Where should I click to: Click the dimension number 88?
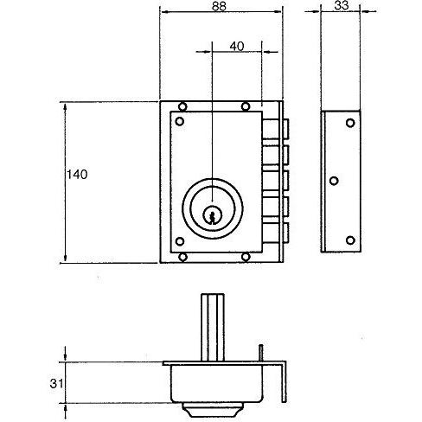(219, 6)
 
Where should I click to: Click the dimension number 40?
(237, 46)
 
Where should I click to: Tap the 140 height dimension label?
(77, 175)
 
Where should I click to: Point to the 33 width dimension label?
(342, 5)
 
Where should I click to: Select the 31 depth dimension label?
(56, 384)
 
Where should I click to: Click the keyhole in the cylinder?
(213, 215)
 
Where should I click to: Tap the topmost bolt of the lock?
(276, 129)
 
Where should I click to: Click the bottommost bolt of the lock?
(276, 233)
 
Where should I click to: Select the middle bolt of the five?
(276, 181)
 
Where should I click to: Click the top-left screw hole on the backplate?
(182, 106)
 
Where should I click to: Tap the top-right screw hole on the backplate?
(246, 106)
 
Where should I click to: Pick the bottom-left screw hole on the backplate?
(182, 257)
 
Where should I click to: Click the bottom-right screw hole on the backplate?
(246, 257)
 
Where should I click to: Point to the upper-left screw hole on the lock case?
(180, 121)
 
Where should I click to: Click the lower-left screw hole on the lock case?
(180, 241)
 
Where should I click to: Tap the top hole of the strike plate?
(350, 123)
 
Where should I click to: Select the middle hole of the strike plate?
(334, 181)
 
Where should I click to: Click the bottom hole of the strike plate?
(350, 240)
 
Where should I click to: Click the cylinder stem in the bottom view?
(213, 328)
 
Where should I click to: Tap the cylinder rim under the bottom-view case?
(213, 410)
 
